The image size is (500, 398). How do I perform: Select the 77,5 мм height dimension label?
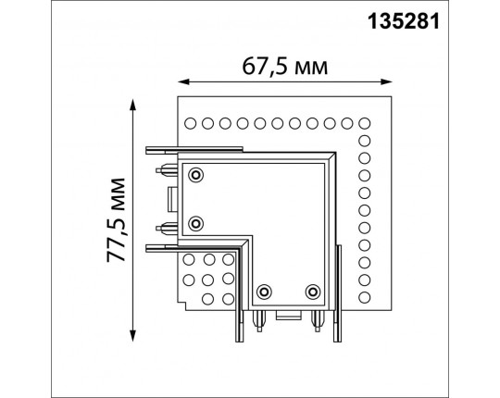tap(116, 216)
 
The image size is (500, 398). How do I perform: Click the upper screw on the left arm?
tap(196, 175)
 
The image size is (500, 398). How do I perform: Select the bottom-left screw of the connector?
tap(264, 292)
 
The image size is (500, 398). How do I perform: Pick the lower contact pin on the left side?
tap(167, 226)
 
